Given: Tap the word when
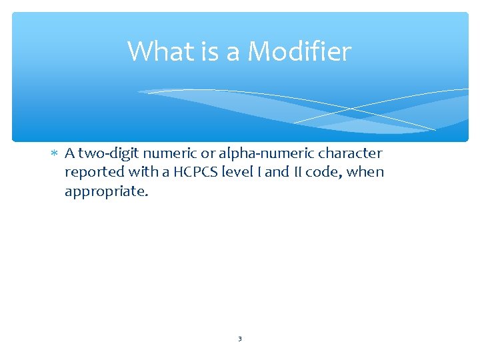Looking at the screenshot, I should pos(368,173).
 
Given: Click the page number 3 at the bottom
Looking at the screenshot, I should pos(240,339).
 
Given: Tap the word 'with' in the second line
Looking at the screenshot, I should pos(141,173).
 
